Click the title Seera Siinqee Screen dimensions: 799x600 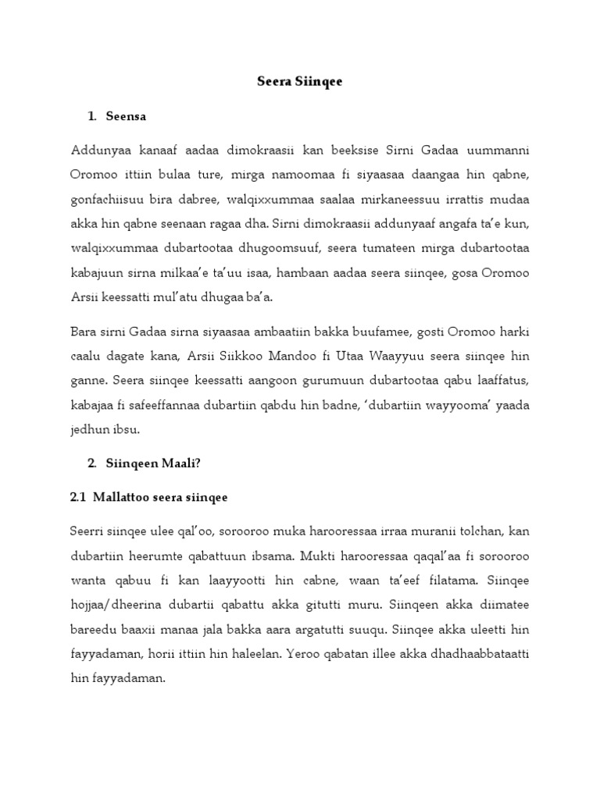click(x=299, y=81)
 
